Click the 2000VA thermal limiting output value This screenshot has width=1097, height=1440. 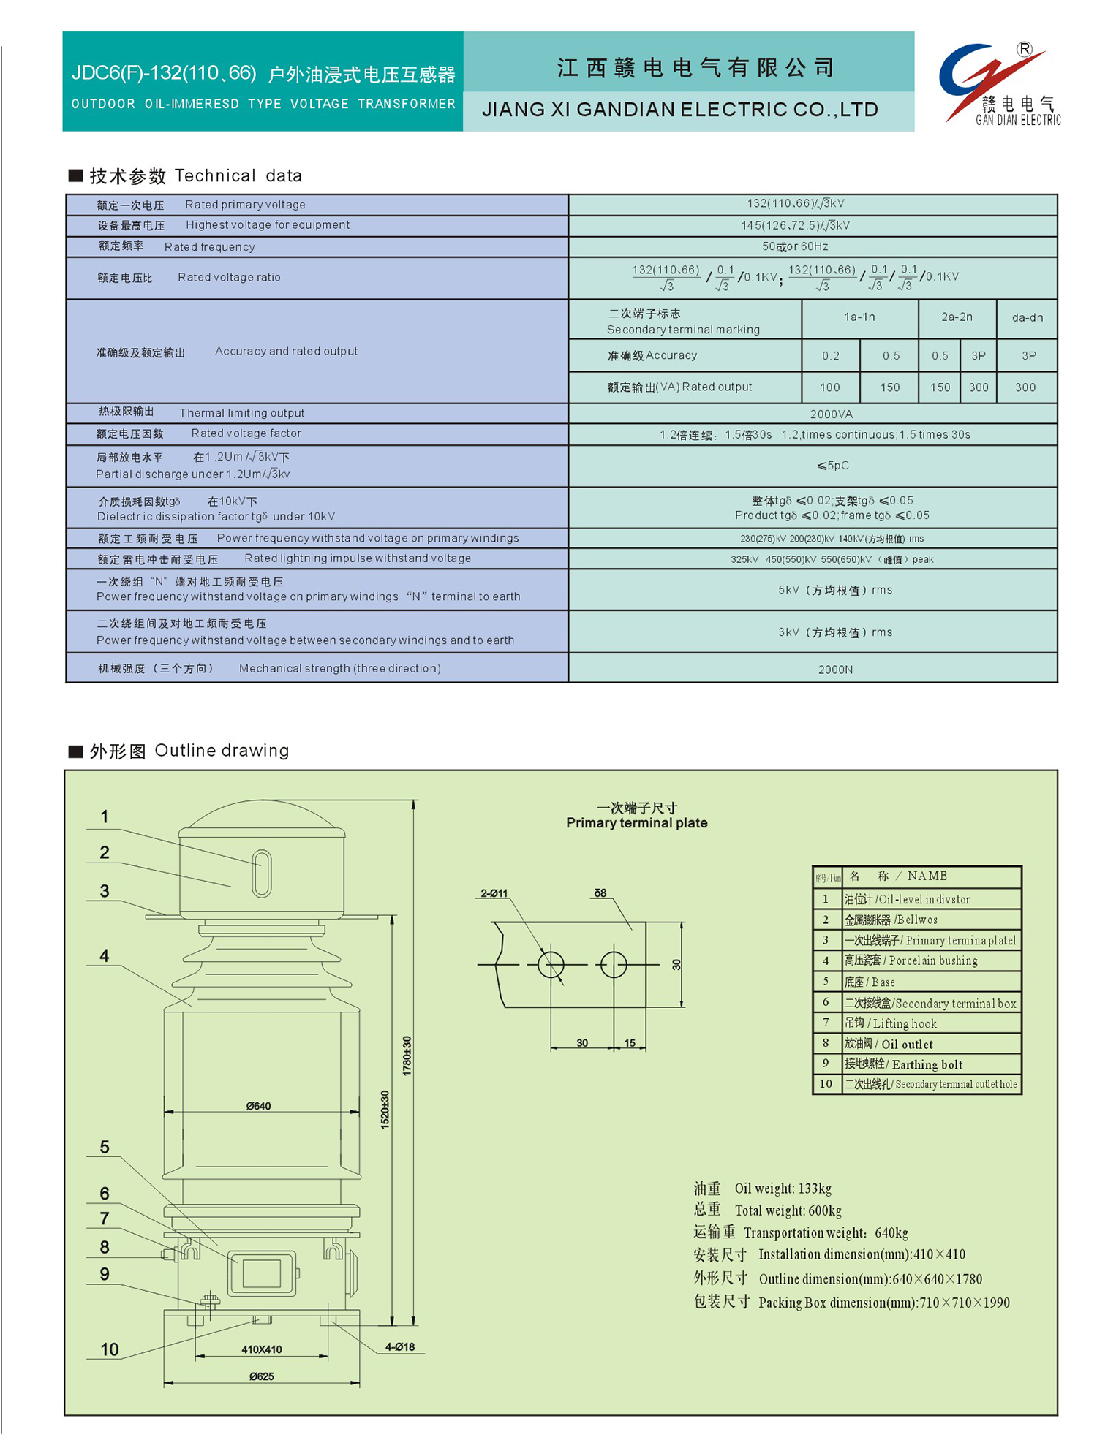831,414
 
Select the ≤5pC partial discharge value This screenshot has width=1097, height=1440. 832,466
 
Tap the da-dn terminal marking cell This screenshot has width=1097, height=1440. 1027,317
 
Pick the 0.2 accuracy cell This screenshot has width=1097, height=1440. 830,356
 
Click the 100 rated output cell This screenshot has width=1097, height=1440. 829,387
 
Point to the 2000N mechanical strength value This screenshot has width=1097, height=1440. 834,670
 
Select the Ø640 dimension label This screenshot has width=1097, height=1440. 258,1106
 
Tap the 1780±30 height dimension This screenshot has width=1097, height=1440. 407,1055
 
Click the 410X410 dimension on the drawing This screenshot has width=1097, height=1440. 261,1349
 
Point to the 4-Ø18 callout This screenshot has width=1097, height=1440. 399,1346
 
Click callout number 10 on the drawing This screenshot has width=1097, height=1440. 109,1349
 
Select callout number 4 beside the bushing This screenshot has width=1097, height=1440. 105,955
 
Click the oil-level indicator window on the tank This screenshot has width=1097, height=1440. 261,873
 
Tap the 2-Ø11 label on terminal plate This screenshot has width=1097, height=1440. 494,893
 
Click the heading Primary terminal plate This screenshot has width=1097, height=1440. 636,823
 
